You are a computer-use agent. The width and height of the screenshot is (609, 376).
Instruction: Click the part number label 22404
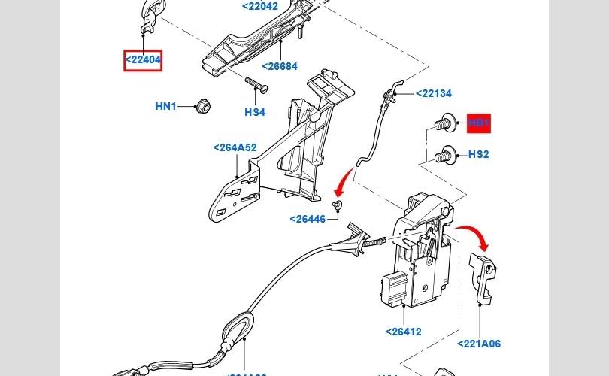(143, 60)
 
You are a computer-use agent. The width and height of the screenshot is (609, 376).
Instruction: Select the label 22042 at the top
(259, 7)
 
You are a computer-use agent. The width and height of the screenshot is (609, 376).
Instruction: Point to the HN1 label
(165, 107)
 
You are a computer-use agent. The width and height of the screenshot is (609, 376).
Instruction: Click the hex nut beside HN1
(201, 105)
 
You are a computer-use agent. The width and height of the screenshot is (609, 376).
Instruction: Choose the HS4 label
(255, 113)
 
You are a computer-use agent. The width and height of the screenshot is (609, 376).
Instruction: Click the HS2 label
(479, 155)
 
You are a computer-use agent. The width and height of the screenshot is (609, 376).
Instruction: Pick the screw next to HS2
(444, 154)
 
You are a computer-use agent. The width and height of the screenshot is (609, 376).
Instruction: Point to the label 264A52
(235, 148)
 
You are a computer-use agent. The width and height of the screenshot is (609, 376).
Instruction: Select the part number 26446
(308, 220)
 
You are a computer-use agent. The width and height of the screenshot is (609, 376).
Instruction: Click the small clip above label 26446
(338, 205)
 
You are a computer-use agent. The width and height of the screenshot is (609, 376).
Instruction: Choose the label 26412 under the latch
(403, 332)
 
